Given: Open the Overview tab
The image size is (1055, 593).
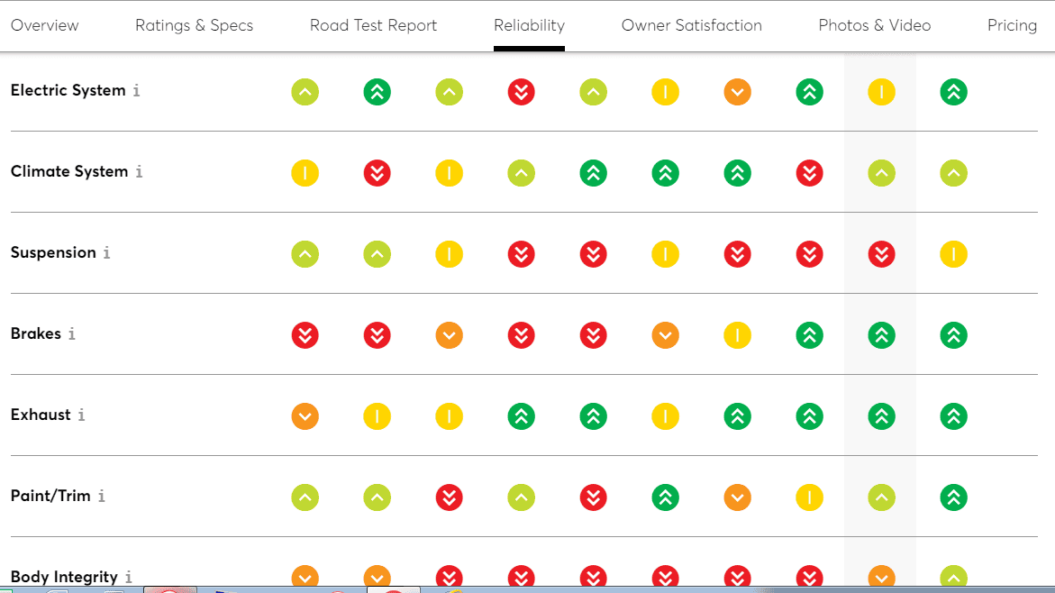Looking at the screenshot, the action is [x=44, y=25].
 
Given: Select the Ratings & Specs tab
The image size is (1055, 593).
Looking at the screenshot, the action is [x=194, y=25].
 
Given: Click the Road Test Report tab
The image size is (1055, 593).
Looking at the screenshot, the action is [x=373, y=25].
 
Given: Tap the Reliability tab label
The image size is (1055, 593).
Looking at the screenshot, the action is [x=530, y=25].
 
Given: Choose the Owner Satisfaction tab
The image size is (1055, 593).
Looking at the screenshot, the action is [x=692, y=25].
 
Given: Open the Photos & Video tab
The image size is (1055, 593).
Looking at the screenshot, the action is [x=875, y=25].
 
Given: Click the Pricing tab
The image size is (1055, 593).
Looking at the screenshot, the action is [x=1012, y=25].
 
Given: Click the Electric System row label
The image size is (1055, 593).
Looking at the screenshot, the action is [x=68, y=90].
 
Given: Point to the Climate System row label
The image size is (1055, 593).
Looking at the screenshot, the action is [x=69, y=171].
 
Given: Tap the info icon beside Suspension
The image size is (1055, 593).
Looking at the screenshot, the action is [x=106, y=252].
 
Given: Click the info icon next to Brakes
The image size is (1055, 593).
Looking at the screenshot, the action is [x=71, y=333].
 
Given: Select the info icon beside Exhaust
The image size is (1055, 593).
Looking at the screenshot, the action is [x=81, y=415].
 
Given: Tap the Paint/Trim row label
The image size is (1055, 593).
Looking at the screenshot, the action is [x=50, y=496].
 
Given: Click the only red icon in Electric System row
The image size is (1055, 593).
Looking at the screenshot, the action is [x=522, y=92].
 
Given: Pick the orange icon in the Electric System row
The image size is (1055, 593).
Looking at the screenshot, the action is [x=738, y=92].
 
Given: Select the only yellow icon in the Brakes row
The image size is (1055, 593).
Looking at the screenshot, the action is [x=738, y=335].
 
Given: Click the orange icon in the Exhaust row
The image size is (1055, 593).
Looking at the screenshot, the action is [x=305, y=416].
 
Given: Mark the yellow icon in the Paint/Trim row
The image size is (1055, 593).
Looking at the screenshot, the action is [x=809, y=497].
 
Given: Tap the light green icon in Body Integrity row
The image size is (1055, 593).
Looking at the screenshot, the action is [x=953, y=578].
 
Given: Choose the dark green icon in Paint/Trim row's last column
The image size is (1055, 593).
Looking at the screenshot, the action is [x=953, y=497].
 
